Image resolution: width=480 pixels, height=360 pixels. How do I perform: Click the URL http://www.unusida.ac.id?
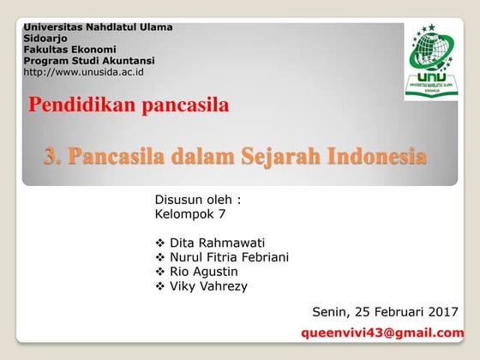point(83,72)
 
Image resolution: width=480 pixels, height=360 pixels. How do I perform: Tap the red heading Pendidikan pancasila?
point(129,106)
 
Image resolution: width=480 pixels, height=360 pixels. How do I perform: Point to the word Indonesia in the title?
point(377,157)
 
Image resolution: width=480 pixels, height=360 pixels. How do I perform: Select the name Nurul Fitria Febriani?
point(229,257)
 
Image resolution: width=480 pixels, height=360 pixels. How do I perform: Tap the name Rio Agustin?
point(204,272)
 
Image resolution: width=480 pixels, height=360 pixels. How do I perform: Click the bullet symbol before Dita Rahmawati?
point(160,243)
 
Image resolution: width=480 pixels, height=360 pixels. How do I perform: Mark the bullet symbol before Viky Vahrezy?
point(160,286)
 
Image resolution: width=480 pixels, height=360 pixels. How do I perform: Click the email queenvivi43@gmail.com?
point(382,333)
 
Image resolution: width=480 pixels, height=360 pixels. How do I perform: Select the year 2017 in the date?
point(441,311)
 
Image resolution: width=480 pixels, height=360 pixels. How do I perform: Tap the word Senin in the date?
point(330,311)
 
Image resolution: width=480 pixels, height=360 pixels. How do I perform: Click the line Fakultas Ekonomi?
point(69,50)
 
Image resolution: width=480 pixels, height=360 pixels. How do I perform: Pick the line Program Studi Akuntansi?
point(89,61)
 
